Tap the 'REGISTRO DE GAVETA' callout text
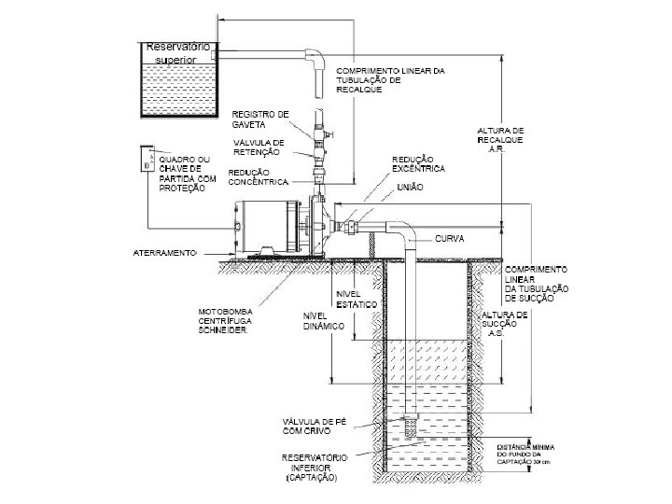pyautogui.click(x=260, y=119)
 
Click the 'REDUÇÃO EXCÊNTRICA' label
pyautogui.click(x=418, y=164)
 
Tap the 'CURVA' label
pyautogui.click(x=451, y=239)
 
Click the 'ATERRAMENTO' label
pyautogui.click(x=162, y=253)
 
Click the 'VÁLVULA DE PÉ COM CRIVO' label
pyautogui.click(x=316, y=427)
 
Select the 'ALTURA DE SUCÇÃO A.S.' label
pyautogui.click(x=505, y=324)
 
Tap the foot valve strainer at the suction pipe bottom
pyautogui.click(x=409, y=426)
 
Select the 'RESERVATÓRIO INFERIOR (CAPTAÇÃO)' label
pyautogui.click(x=315, y=468)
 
